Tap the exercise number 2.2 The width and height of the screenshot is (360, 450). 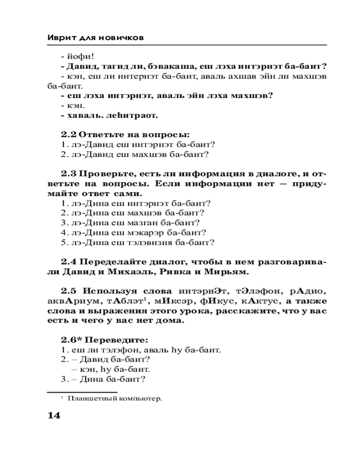[69, 135]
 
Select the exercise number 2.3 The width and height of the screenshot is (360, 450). [69, 174]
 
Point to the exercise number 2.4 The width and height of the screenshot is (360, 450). [69, 261]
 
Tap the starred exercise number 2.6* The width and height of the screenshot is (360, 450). [71, 339]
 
